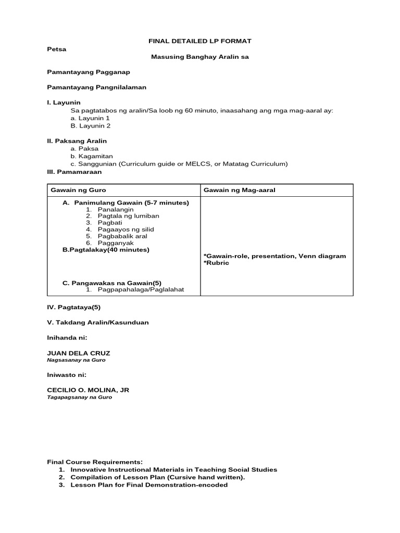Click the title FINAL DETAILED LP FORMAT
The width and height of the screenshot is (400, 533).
pos(201,41)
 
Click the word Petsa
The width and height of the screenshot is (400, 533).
pos(57,49)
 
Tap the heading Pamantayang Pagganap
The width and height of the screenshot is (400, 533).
pos(89,72)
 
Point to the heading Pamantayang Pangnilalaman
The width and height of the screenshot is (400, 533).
pos(96,87)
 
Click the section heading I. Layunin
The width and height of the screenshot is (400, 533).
pos(64,103)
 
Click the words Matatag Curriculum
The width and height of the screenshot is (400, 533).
pos(260,164)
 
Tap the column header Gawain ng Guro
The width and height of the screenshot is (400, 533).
pos(78,190)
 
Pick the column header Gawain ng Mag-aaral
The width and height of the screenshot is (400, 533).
pos(239,190)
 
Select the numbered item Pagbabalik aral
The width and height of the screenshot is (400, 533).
pos(123,236)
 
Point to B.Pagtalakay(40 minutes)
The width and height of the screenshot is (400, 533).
pos(106,250)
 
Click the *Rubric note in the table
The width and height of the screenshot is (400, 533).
pos(216,263)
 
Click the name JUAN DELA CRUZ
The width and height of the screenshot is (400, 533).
pos(79,353)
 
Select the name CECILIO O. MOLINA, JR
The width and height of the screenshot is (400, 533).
pos(86,390)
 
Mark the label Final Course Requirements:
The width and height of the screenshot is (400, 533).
pos(94,462)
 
